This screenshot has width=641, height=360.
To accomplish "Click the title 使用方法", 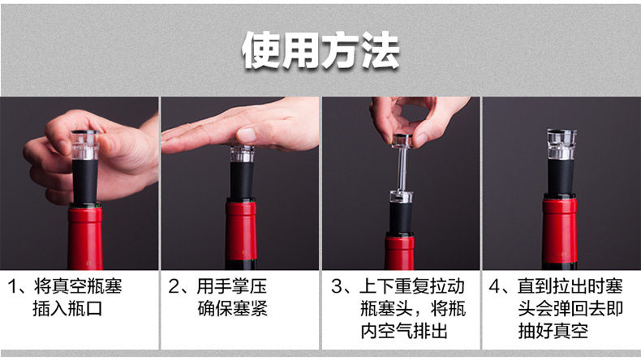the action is pos(320,50).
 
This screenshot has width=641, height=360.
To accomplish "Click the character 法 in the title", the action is pos(381,50).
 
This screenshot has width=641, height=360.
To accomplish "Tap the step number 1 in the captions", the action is pos(12,287).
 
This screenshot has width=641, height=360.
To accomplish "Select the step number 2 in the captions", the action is pos(174,287).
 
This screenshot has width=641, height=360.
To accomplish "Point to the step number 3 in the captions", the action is pos(337,287).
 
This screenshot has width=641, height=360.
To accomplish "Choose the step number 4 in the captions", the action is pos(495,287).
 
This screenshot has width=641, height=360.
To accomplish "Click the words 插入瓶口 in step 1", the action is pos(67,309).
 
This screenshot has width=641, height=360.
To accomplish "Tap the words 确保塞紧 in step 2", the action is pos(232,309).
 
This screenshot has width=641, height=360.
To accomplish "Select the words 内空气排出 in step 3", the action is pos(404,331).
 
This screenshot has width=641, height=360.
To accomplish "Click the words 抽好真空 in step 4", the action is pos(553,331).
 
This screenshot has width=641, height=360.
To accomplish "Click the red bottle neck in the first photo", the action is pos(85,237).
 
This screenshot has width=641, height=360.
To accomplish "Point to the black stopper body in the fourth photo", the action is pos(560,178).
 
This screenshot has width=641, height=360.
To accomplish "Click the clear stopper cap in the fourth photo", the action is pos(561,144).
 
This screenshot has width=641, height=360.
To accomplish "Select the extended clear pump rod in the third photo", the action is pos(401,169).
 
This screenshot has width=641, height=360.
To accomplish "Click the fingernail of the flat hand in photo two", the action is pos(246,135).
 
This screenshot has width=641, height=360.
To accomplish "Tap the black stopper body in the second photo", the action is pos(242,181).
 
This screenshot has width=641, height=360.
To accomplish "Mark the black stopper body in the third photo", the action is pos(401,218).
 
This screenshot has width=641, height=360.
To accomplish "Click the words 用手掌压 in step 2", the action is pos(232,287).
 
